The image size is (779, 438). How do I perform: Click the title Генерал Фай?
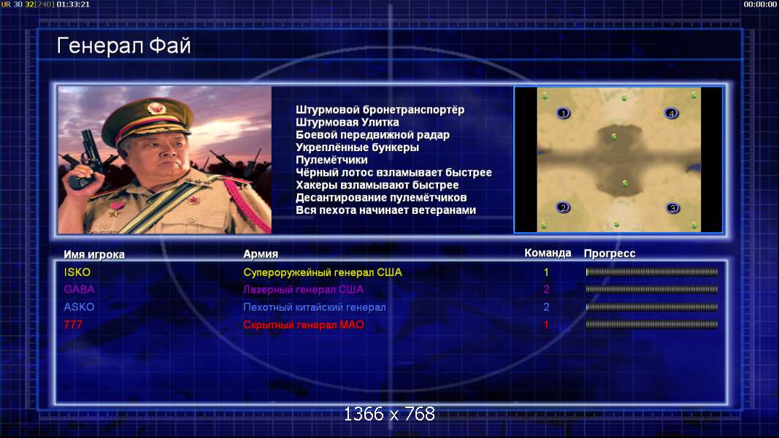[x=123, y=46]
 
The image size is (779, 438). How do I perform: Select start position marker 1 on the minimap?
[x=563, y=113]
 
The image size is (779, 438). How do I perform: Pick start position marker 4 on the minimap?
[x=671, y=113]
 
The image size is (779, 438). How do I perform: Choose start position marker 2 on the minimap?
[x=563, y=207]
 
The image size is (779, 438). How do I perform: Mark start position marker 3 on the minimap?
[x=672, y=208]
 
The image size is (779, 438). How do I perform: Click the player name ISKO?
[x=77, y=272]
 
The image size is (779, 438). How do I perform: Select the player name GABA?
[x=79, y=289]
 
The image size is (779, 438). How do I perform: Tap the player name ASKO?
[x=79, y=307]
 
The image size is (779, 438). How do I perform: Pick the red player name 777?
[x=73, y=325]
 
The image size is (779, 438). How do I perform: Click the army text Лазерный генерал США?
[x=303, y=289]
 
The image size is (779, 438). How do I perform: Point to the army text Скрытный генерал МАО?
[x=304, y=325]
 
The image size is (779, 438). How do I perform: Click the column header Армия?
[x=261, y=254]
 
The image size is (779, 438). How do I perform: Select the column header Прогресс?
[x=610, y=253]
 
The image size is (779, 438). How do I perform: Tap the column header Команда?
[x=548, y=253]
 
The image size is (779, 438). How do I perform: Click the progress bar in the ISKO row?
[x=652, y=272]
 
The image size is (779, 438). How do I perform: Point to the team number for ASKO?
[x=547, y=307]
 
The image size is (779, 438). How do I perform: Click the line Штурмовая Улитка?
[x=348, y=122]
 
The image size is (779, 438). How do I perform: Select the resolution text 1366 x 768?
[x=390, y=414]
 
